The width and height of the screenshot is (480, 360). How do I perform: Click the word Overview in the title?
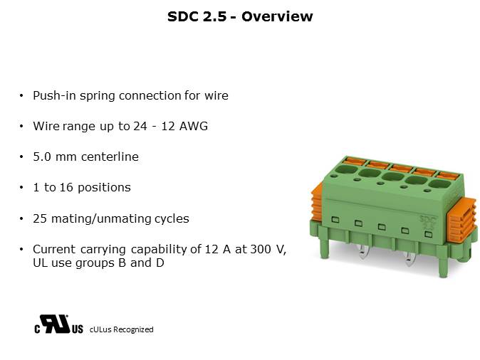[x=277, y=16]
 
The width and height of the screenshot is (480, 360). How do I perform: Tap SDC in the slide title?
[x=183, y=16]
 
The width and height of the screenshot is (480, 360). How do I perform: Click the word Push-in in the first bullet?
[x=55, y=96]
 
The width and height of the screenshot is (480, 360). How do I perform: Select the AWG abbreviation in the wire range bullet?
[x=194, y=126]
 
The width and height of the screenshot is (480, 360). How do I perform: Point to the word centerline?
[x=110, y=157]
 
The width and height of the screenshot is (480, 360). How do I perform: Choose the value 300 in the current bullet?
[x=261, y=249]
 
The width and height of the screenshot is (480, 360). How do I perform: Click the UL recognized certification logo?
[x=58, y=324]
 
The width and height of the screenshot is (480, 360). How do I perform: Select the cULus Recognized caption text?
[x=122, y=329]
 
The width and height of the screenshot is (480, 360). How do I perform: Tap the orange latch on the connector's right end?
[x=462, y=218]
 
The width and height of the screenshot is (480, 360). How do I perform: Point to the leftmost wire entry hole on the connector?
[x=346, y=169]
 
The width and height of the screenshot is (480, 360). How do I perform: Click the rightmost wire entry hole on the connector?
[x=439, y=184]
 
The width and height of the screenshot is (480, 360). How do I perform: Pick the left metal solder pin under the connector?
[x=362, y=252]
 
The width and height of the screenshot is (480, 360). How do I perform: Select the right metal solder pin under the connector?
[x=409, y=259]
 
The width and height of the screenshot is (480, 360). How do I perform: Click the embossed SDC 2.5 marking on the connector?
[x=427, y=223]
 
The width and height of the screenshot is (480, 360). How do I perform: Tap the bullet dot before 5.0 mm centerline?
[x=21, y=157]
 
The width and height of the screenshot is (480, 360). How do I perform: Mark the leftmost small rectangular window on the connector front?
[x=335, y=219]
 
